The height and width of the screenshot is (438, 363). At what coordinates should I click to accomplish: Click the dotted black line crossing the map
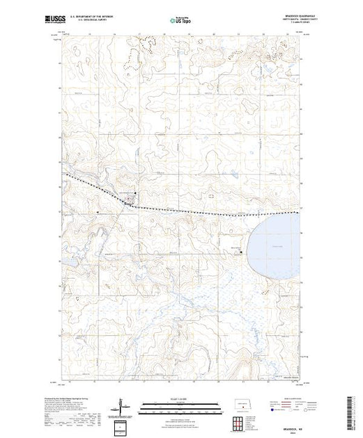(x=209, y=211)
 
